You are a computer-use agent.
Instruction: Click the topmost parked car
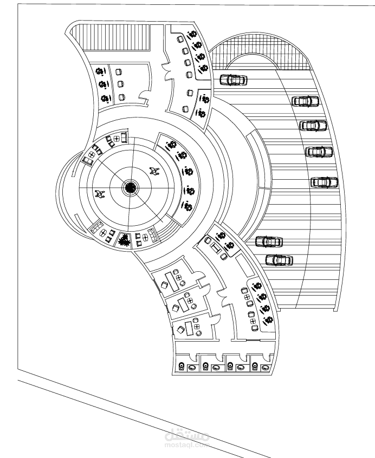coord(234,80)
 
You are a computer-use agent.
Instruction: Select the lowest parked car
coord(279,260)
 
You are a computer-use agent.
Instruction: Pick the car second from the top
coord(305,101)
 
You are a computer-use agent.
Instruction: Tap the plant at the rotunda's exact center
coord(130,188)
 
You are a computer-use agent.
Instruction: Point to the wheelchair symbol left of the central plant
coord(99,194)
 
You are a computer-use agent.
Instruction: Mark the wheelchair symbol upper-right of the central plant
coord(154,172)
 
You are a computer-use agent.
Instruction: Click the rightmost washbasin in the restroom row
coord(266,368)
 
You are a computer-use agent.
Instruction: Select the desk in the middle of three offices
coord(183,305)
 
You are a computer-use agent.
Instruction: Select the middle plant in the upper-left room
coord(102,84)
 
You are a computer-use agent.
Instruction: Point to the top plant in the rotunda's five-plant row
coord(172,145)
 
